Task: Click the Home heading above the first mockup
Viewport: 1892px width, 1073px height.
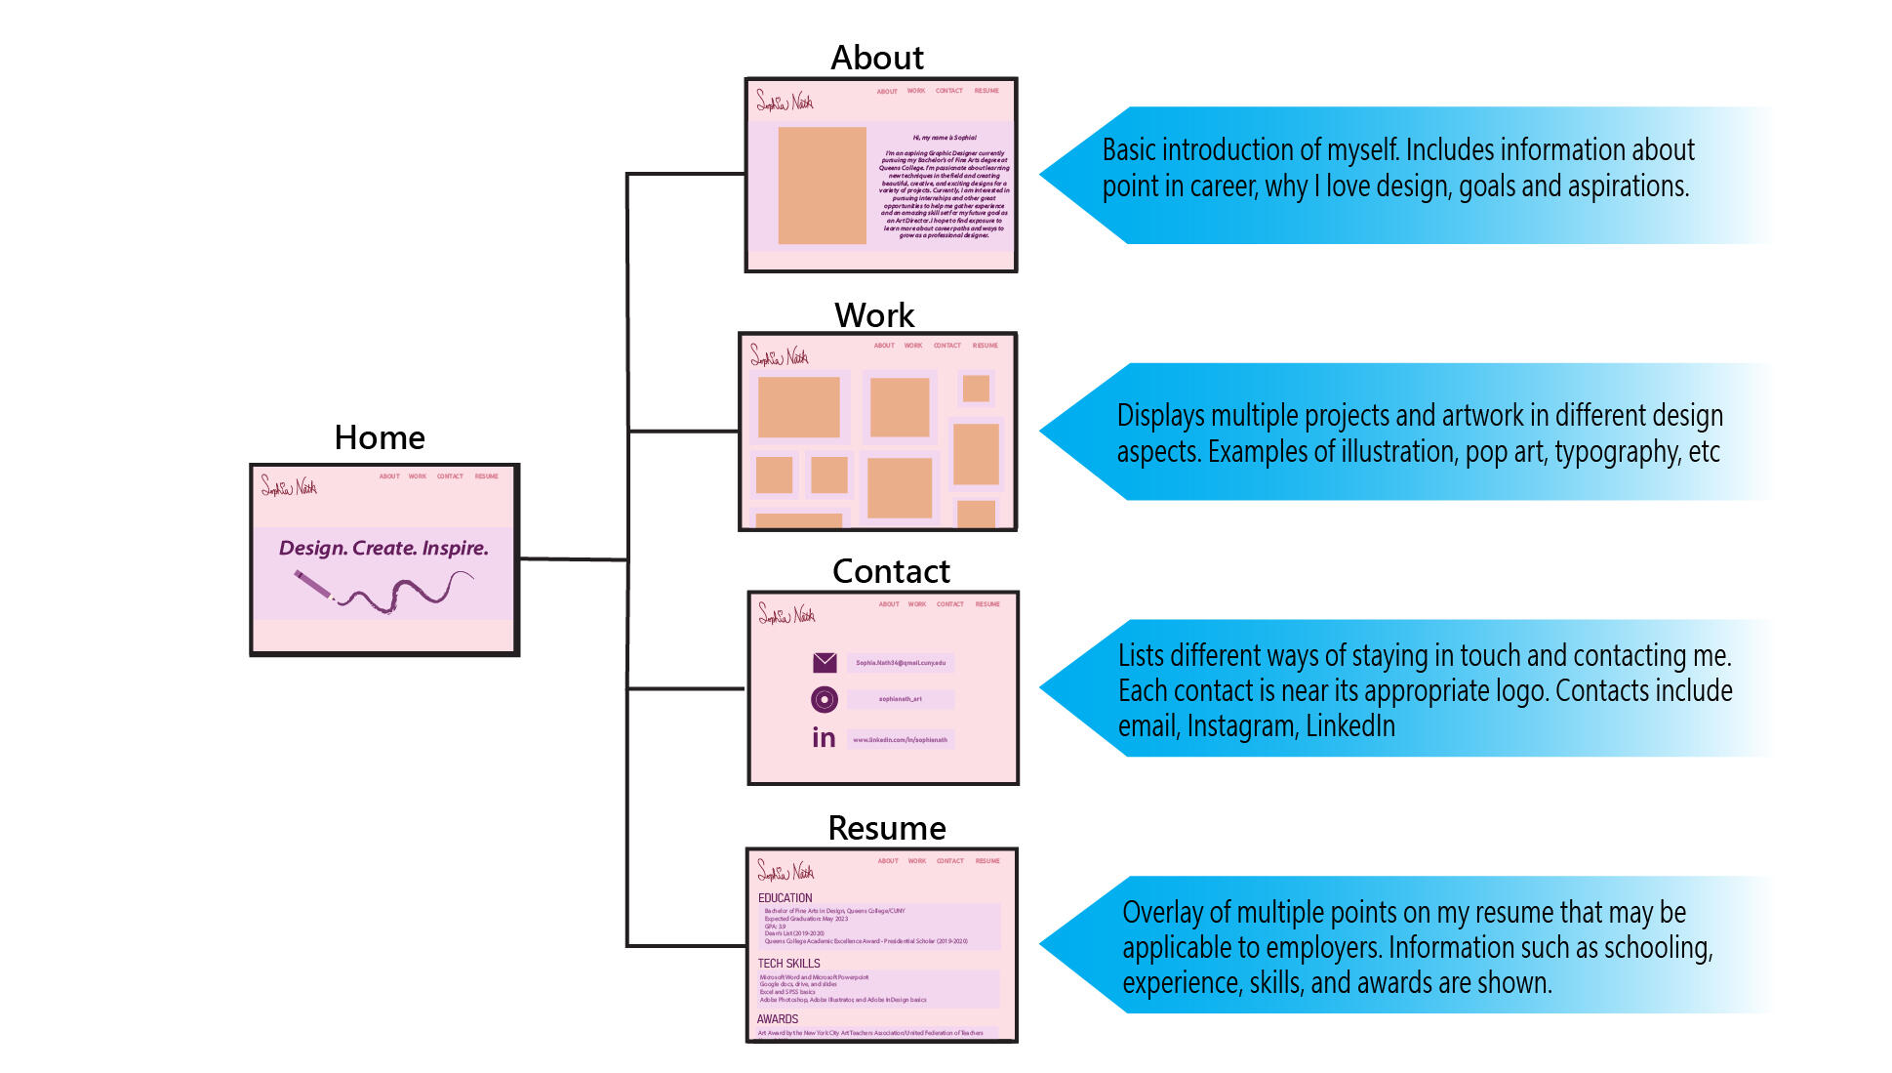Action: point(380,437)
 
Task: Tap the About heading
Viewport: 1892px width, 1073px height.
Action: point(876,58)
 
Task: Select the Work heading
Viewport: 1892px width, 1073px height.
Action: point(874,315)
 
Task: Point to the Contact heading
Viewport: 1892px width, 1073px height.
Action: point(890,571)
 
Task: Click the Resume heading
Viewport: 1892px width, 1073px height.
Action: point(886,828)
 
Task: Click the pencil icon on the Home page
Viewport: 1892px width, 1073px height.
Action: point(314,586)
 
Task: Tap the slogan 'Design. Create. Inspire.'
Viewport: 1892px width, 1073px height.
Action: point(383,548)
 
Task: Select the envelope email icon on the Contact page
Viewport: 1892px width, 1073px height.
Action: point(825,663)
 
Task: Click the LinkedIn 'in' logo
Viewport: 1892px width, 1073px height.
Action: point(824,738)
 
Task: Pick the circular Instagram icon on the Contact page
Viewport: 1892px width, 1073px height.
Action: point(825,699)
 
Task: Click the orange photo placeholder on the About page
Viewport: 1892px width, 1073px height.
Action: point(822,186)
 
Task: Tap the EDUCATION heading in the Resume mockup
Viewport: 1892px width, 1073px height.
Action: point(785,898)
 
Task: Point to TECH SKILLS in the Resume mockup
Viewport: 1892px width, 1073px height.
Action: point(788,964)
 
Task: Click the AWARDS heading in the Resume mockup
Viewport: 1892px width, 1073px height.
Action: point(777,1019)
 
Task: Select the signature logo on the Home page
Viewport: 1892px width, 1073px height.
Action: point(289,485)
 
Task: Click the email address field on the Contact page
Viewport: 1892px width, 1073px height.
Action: point(900,663)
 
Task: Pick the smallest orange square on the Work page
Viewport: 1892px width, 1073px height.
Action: point(976,389)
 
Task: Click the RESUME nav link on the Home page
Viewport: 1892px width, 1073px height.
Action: point(486,476)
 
